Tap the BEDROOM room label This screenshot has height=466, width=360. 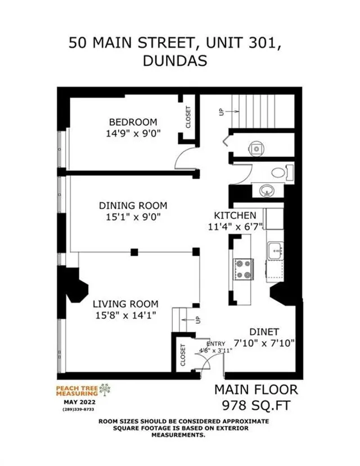pyautogui.click(x=133, y=122)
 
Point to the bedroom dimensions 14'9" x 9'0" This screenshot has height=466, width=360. pyautogui.click(x=133, y=134)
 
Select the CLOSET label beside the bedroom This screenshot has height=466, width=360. pyautogui.click(x=188, y=117)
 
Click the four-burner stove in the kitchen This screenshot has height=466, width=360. pyautogui.click(x=243, y=269)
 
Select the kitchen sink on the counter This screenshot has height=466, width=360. pyautogui.click(x=275, y=251)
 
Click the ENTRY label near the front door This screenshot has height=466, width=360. pyautogui.click(x=215, y=344)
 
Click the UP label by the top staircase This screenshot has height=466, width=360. pyautogui.click(x=221, y=112)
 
